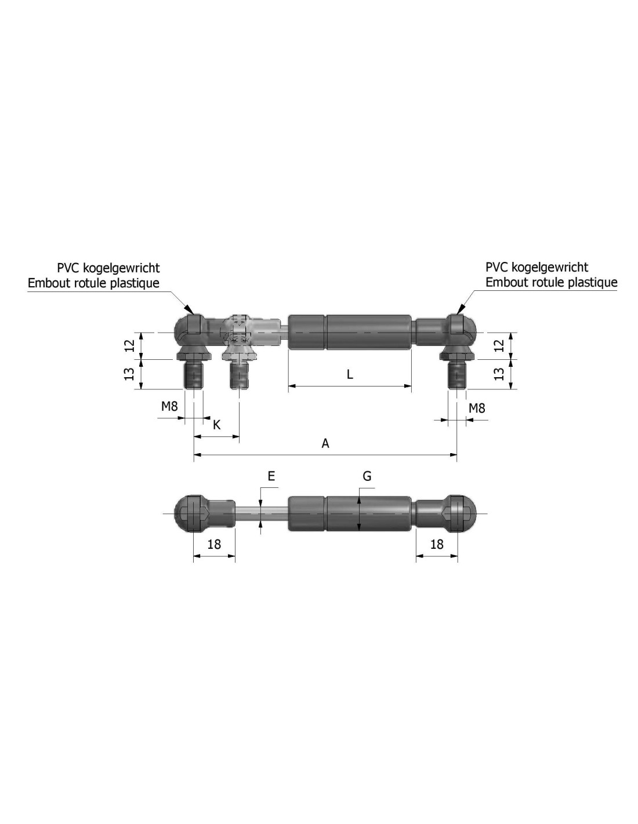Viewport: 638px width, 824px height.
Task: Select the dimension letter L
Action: pos(350,374)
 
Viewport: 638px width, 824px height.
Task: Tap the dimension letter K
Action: pos(216,425)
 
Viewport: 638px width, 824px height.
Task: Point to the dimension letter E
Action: pos(271,476)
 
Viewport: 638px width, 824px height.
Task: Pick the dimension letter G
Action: pos(367,476)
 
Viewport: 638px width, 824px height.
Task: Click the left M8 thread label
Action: pos(169,407)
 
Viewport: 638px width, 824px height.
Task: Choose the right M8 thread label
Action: pos(477,408)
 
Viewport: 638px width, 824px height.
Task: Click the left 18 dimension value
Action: pos(214,545)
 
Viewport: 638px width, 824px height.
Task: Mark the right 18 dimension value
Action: pos(437,545)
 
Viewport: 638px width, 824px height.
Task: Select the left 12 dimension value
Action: pos(130,345)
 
